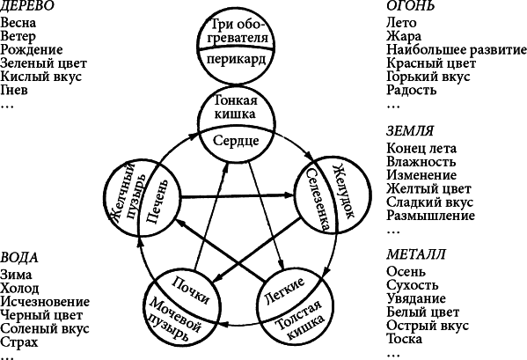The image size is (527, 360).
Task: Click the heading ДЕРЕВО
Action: point(27,5)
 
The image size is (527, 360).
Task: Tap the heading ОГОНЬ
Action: point(410,5)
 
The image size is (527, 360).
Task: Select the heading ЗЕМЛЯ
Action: point(410,131)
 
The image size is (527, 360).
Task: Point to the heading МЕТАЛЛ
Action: point(416,254)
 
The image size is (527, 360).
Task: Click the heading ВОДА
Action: point(19,258)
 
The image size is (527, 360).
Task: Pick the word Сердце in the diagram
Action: point(236,141)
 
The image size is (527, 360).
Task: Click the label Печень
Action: point(156,202)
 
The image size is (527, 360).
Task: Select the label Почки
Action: point(191,290)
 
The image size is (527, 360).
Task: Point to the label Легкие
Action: point(284,290)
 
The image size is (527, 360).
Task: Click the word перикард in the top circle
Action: point(236,61)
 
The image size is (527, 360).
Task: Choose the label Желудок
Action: point(343,191)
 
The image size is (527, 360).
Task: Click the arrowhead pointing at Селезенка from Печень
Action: point(289,195)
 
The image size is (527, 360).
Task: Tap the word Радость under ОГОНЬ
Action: point(412,90)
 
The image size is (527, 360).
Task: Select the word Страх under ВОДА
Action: point(19,342)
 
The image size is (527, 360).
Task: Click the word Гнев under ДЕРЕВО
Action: point(14,90)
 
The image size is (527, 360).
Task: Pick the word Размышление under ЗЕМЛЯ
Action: point(430,216)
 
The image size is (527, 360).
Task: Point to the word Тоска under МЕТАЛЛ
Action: point(404,339)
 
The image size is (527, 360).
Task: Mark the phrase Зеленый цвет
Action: point(43,63)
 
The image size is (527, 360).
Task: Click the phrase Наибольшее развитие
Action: point(457,50)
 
